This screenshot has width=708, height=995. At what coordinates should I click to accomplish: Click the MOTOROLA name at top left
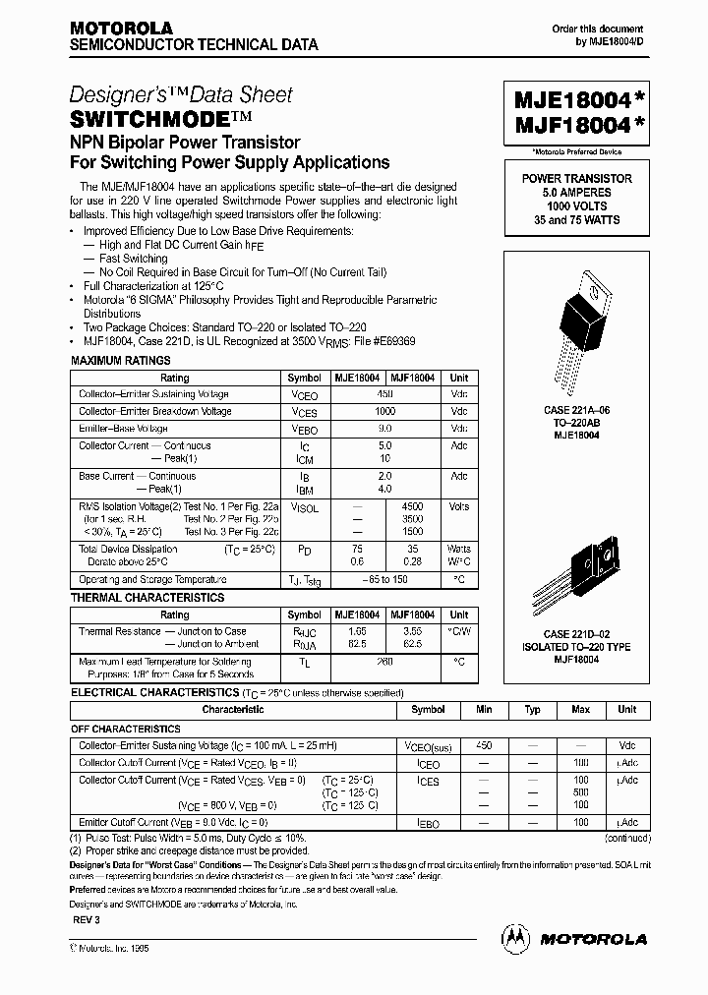(121, 29)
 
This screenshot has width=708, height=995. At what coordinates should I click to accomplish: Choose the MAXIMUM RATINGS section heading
(121, 362)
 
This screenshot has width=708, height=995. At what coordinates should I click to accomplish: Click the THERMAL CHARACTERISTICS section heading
(147, 598)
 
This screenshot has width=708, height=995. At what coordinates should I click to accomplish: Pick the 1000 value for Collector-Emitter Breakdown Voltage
(384, 412)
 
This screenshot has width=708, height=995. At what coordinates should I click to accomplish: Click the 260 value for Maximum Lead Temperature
(384, 663)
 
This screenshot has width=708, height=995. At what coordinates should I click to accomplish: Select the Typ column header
(532, 710)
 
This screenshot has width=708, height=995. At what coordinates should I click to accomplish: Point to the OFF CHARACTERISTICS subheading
(126, 730)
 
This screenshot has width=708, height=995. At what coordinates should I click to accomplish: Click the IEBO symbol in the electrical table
(428, 822)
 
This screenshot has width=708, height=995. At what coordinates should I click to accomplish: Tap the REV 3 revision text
(87, 918)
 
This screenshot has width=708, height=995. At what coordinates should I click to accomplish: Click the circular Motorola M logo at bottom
(515, 939)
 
